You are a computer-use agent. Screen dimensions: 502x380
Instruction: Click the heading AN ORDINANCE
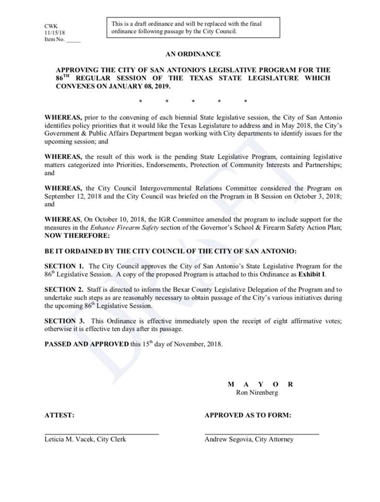coord(193,54)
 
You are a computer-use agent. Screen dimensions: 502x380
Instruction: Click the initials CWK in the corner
coord(51,26)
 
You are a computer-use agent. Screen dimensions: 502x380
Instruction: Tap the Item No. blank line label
coord(62,40)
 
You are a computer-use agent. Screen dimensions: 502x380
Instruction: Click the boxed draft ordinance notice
coord(193,27)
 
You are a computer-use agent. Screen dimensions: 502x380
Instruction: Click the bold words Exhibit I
coord(312,274)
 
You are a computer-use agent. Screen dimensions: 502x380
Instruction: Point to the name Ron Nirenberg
coord(261,392)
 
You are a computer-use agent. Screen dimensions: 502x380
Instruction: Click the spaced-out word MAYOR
coord(261,384)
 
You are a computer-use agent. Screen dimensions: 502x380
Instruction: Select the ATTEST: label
coord(59,415)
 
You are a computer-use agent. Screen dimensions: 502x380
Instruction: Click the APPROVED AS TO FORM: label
coord(248,415)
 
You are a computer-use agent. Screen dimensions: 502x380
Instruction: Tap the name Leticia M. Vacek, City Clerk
coord(85,439)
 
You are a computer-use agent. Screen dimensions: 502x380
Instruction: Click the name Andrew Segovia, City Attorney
coord(249,439)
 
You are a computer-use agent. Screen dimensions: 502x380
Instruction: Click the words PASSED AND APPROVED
coord(86,344)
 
